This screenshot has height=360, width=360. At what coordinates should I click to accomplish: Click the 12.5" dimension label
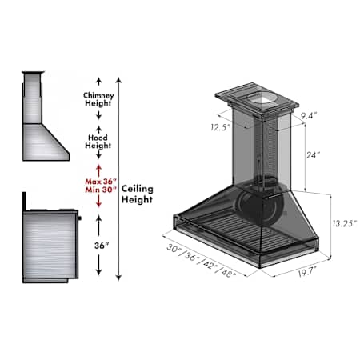coord(220,127)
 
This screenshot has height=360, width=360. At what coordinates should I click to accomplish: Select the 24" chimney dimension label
coord(313,155)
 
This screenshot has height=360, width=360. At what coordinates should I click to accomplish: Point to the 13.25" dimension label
coord(344,223)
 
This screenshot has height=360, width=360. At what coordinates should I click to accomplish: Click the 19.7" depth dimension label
coord(307,273)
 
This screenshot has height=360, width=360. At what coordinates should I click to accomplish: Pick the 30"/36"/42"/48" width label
coord(202,261)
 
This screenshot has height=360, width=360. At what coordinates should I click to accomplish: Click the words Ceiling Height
coord(138,194)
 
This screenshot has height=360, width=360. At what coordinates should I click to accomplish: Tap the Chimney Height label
coord(98,99)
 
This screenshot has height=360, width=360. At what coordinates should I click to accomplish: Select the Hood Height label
coord(98,142)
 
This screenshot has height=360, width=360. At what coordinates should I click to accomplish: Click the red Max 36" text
coord(101,182)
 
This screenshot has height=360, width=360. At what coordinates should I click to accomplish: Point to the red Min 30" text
coord(101,190)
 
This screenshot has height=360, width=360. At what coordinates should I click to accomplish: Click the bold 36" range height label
coord(102,246)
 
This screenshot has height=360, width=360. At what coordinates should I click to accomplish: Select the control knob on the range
coord(79,218)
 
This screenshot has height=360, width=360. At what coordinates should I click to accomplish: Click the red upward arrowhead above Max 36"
coord(99,167)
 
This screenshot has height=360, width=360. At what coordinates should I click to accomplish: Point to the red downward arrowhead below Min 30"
coord(99,205)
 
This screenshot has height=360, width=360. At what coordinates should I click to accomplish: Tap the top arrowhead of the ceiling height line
coord(119,80)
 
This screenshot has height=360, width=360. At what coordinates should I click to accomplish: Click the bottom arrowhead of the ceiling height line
coord(119,278)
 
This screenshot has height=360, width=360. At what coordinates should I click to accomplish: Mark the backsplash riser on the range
coord(24,201)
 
